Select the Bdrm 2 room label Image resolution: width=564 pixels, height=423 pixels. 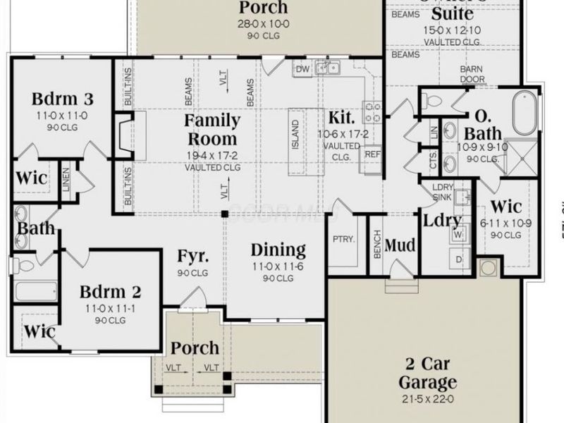pos(110,292)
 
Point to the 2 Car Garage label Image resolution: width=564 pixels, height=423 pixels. pos(427,374)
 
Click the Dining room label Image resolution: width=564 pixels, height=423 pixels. pos(278,250)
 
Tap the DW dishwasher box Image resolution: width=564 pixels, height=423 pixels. pos(302,68)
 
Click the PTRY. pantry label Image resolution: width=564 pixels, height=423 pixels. pos(343,239)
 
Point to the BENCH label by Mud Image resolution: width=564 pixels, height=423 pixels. pos(376,243)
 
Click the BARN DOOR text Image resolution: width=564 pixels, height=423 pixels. pos(472,74)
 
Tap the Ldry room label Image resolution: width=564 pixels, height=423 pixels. pos(442,220)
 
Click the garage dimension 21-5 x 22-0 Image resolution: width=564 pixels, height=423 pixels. pos(427,400)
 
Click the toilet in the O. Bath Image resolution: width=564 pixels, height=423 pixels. pos(431,101)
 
